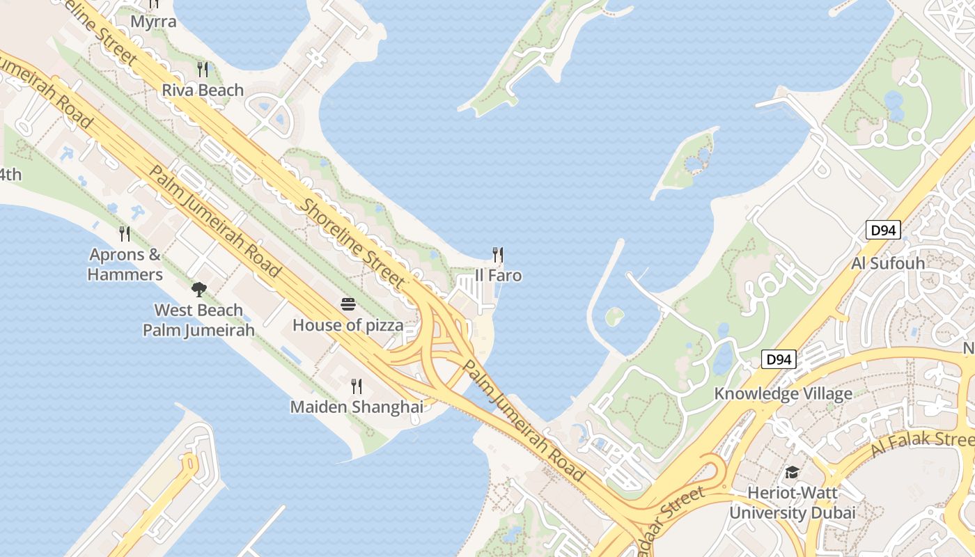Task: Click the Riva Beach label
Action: (x=203, y=90)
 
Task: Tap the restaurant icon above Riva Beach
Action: (x=203, y=69)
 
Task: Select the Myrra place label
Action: (x=154, y=22)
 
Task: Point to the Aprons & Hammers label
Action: (x=125, y=265)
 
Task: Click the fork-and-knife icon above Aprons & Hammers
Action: (x=125, y=233)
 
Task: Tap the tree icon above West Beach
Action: (x=198, y=289)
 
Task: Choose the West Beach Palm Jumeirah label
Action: (x=198, y=320)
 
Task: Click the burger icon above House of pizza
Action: (x=348, y=304)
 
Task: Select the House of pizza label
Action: (x=348, y=325)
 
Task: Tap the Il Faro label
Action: (x=498, y=276)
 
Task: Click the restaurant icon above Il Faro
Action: (x=498, y=255)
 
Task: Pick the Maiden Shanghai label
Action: (x=356, y=407)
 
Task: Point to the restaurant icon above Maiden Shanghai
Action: (x=357, y=386)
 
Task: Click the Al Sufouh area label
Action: (x=888, y=263)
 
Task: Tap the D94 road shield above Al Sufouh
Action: (x=883, y=230)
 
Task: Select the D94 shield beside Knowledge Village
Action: (x=778, y=359)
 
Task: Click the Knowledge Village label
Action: (x=783, y=394)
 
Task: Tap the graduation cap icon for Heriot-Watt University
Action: (x=792, y=473)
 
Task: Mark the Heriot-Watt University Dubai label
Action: (x=792, y=503)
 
